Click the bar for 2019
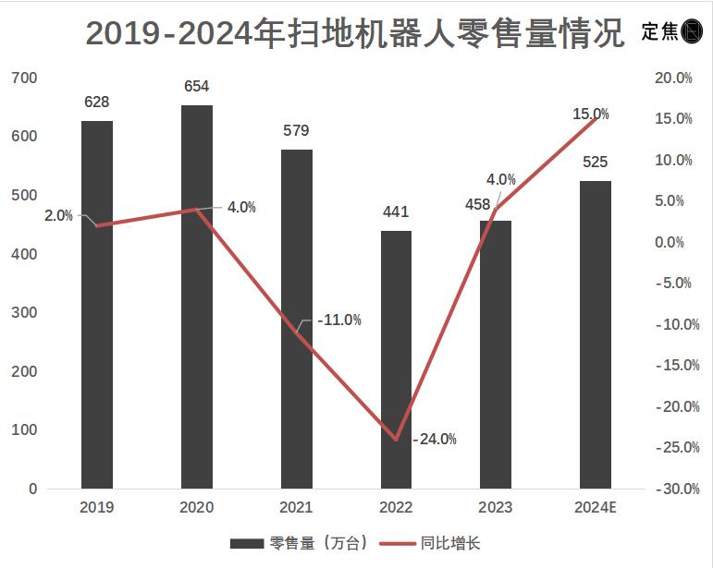point(97,305)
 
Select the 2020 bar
point(197,296)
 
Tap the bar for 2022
point(396,359)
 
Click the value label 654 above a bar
point(197,87)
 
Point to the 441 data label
point(396,212)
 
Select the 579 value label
point(296,131)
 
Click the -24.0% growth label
point(435,439)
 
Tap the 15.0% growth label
point(591,115)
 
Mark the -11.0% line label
point(338,320)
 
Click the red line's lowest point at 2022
point(396,440)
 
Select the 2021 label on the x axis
point(296,507)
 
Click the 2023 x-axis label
point(496,507)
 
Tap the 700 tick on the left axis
point(25,78)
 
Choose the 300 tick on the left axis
point(25,312)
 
